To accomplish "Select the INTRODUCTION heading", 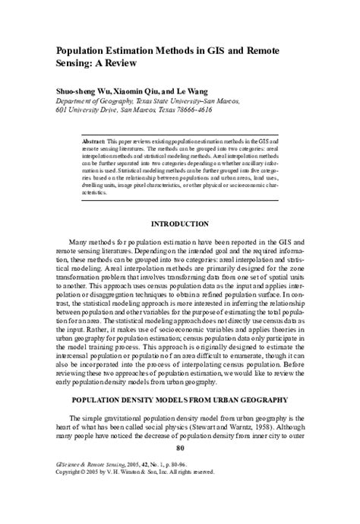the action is (180, 224).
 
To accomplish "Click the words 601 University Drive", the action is (86, 109).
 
